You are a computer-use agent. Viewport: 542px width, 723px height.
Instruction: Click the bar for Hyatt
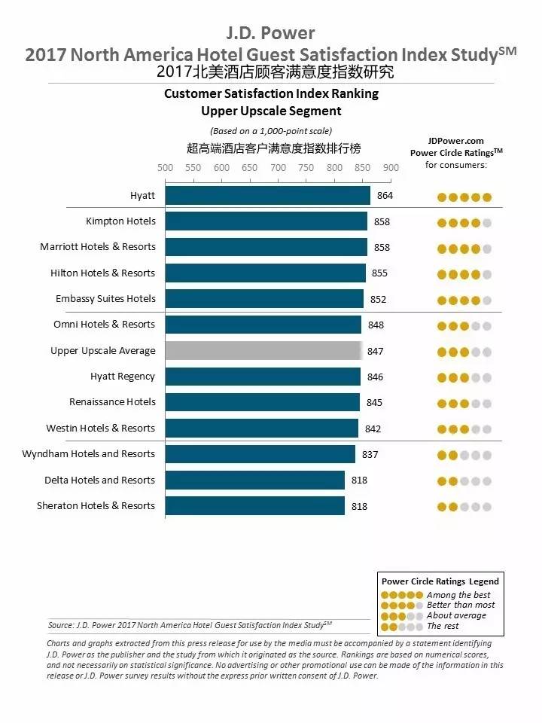coord(267,196)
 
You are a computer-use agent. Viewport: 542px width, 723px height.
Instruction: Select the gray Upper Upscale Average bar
coord(263,351)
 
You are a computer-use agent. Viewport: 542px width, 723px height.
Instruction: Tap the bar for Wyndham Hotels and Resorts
coord(260,454)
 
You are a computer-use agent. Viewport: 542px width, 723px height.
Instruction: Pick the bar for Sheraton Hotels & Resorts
coord(254,506)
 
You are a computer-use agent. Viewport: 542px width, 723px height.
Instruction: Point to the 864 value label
coord(385,196)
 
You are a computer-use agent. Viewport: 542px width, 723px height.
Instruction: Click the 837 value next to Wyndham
coord(370,454)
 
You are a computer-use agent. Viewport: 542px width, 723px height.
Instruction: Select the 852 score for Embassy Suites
coord(378,299)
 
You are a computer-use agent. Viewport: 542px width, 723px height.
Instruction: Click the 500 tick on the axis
coord(165,168)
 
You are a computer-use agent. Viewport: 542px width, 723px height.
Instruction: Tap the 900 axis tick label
coord(391,168)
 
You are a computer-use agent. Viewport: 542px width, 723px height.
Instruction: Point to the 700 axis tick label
coord(278,168)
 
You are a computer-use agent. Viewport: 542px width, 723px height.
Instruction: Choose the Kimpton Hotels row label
coord(120,221)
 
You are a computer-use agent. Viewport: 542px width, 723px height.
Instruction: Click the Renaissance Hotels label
coord(112,402)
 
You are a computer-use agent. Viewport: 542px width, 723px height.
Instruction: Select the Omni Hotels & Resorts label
coord(104,325)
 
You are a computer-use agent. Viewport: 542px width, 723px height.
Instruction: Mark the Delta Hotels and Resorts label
coord(99,480)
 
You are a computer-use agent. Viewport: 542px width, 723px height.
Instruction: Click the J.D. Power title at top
coord(270,33)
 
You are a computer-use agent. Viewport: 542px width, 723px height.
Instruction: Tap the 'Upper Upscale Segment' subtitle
coord(271,111)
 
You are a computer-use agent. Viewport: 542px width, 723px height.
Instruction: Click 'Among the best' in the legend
coord(458,595)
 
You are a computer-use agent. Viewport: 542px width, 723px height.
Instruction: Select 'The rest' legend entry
coord(444,626)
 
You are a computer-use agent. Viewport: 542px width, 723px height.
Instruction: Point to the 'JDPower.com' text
coord(455,141)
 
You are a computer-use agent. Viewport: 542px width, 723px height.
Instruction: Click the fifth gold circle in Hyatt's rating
coord(487,197)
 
